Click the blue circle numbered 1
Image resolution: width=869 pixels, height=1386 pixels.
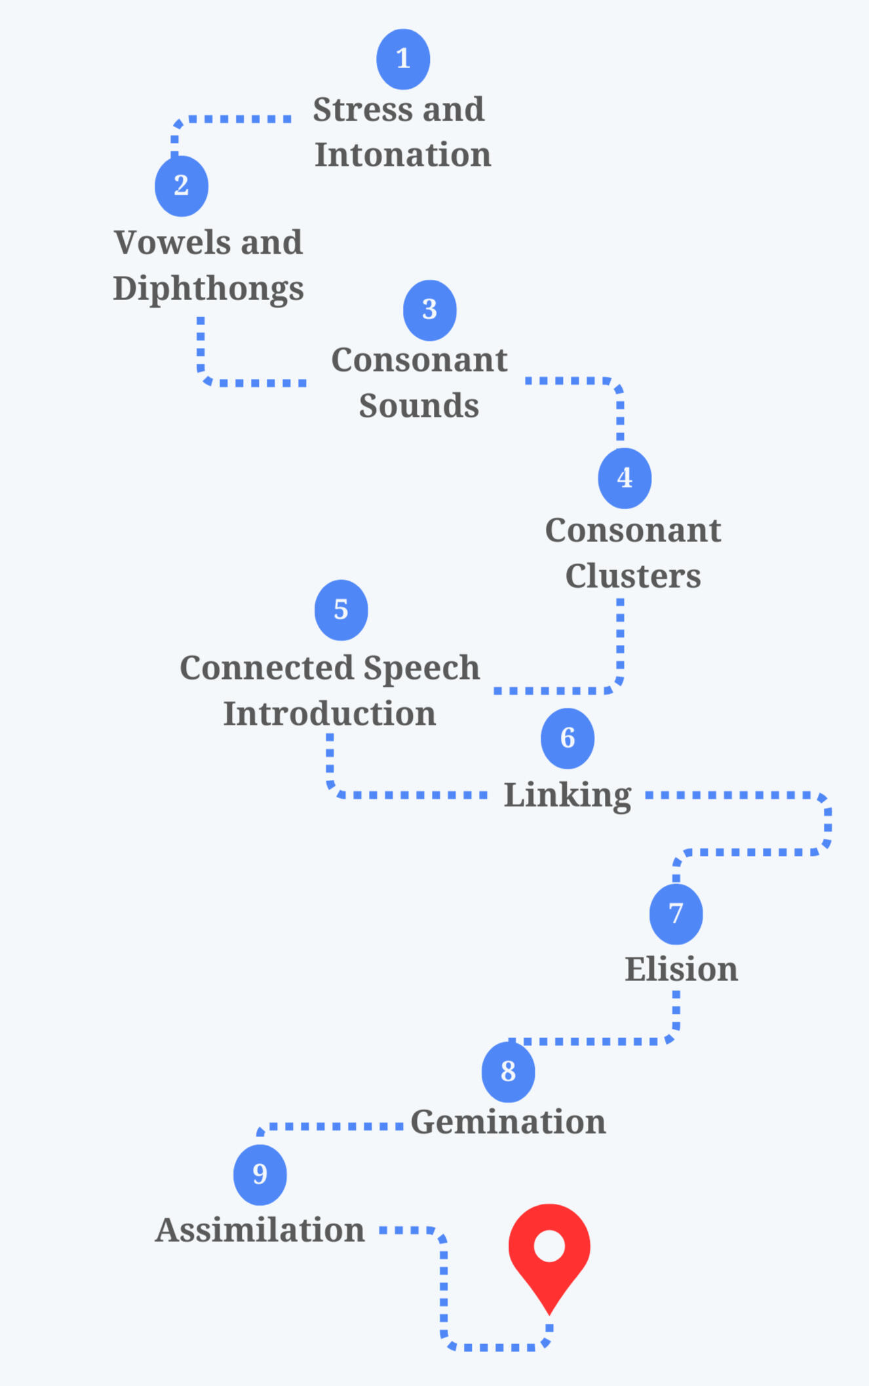pyautogui.click(x=403, y=59)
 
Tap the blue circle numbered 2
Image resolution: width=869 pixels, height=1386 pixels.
pyautogui.click(x=182, y=186)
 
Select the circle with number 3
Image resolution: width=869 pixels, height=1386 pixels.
pyautogui.click(x=429, y=310)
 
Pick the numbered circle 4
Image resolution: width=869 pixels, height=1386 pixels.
pyautogui.click(x=625, y=478)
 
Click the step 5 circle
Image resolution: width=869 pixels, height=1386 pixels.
pyautogui.click(x=341, y=610)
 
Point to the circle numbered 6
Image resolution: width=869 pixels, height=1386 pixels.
pyautogui.click(x=568, y=739)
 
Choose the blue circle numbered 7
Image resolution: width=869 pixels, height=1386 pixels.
pyautogui.click(x=676, y=914)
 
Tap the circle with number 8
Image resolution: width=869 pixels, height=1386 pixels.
pyautogui.click(x=508, y=1072)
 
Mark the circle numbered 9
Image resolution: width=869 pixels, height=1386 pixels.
pyautogui.click(x=260, y=1174)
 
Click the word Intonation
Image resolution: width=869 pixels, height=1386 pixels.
pyautogui.click(x=402, y=155)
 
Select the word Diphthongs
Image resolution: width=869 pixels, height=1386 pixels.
pyautogui.click(x=208, y=288)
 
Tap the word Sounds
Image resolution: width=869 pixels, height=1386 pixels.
pyautogui.click(x=419, y=406)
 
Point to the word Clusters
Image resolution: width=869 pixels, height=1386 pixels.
pyautogui.click(x=633, y=576)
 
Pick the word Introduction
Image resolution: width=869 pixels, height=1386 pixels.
pyautogui.click(x=330, y=714)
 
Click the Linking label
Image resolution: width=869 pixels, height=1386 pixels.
pyautogui.click(x=567, y=796)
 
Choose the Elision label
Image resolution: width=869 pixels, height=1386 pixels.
pyautogui.click(x=681, y=969)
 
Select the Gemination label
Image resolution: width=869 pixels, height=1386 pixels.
pyautogui.click(x=508, y=1122)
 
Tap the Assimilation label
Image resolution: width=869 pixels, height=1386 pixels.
pyautogui.click(x=260, y=1230)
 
